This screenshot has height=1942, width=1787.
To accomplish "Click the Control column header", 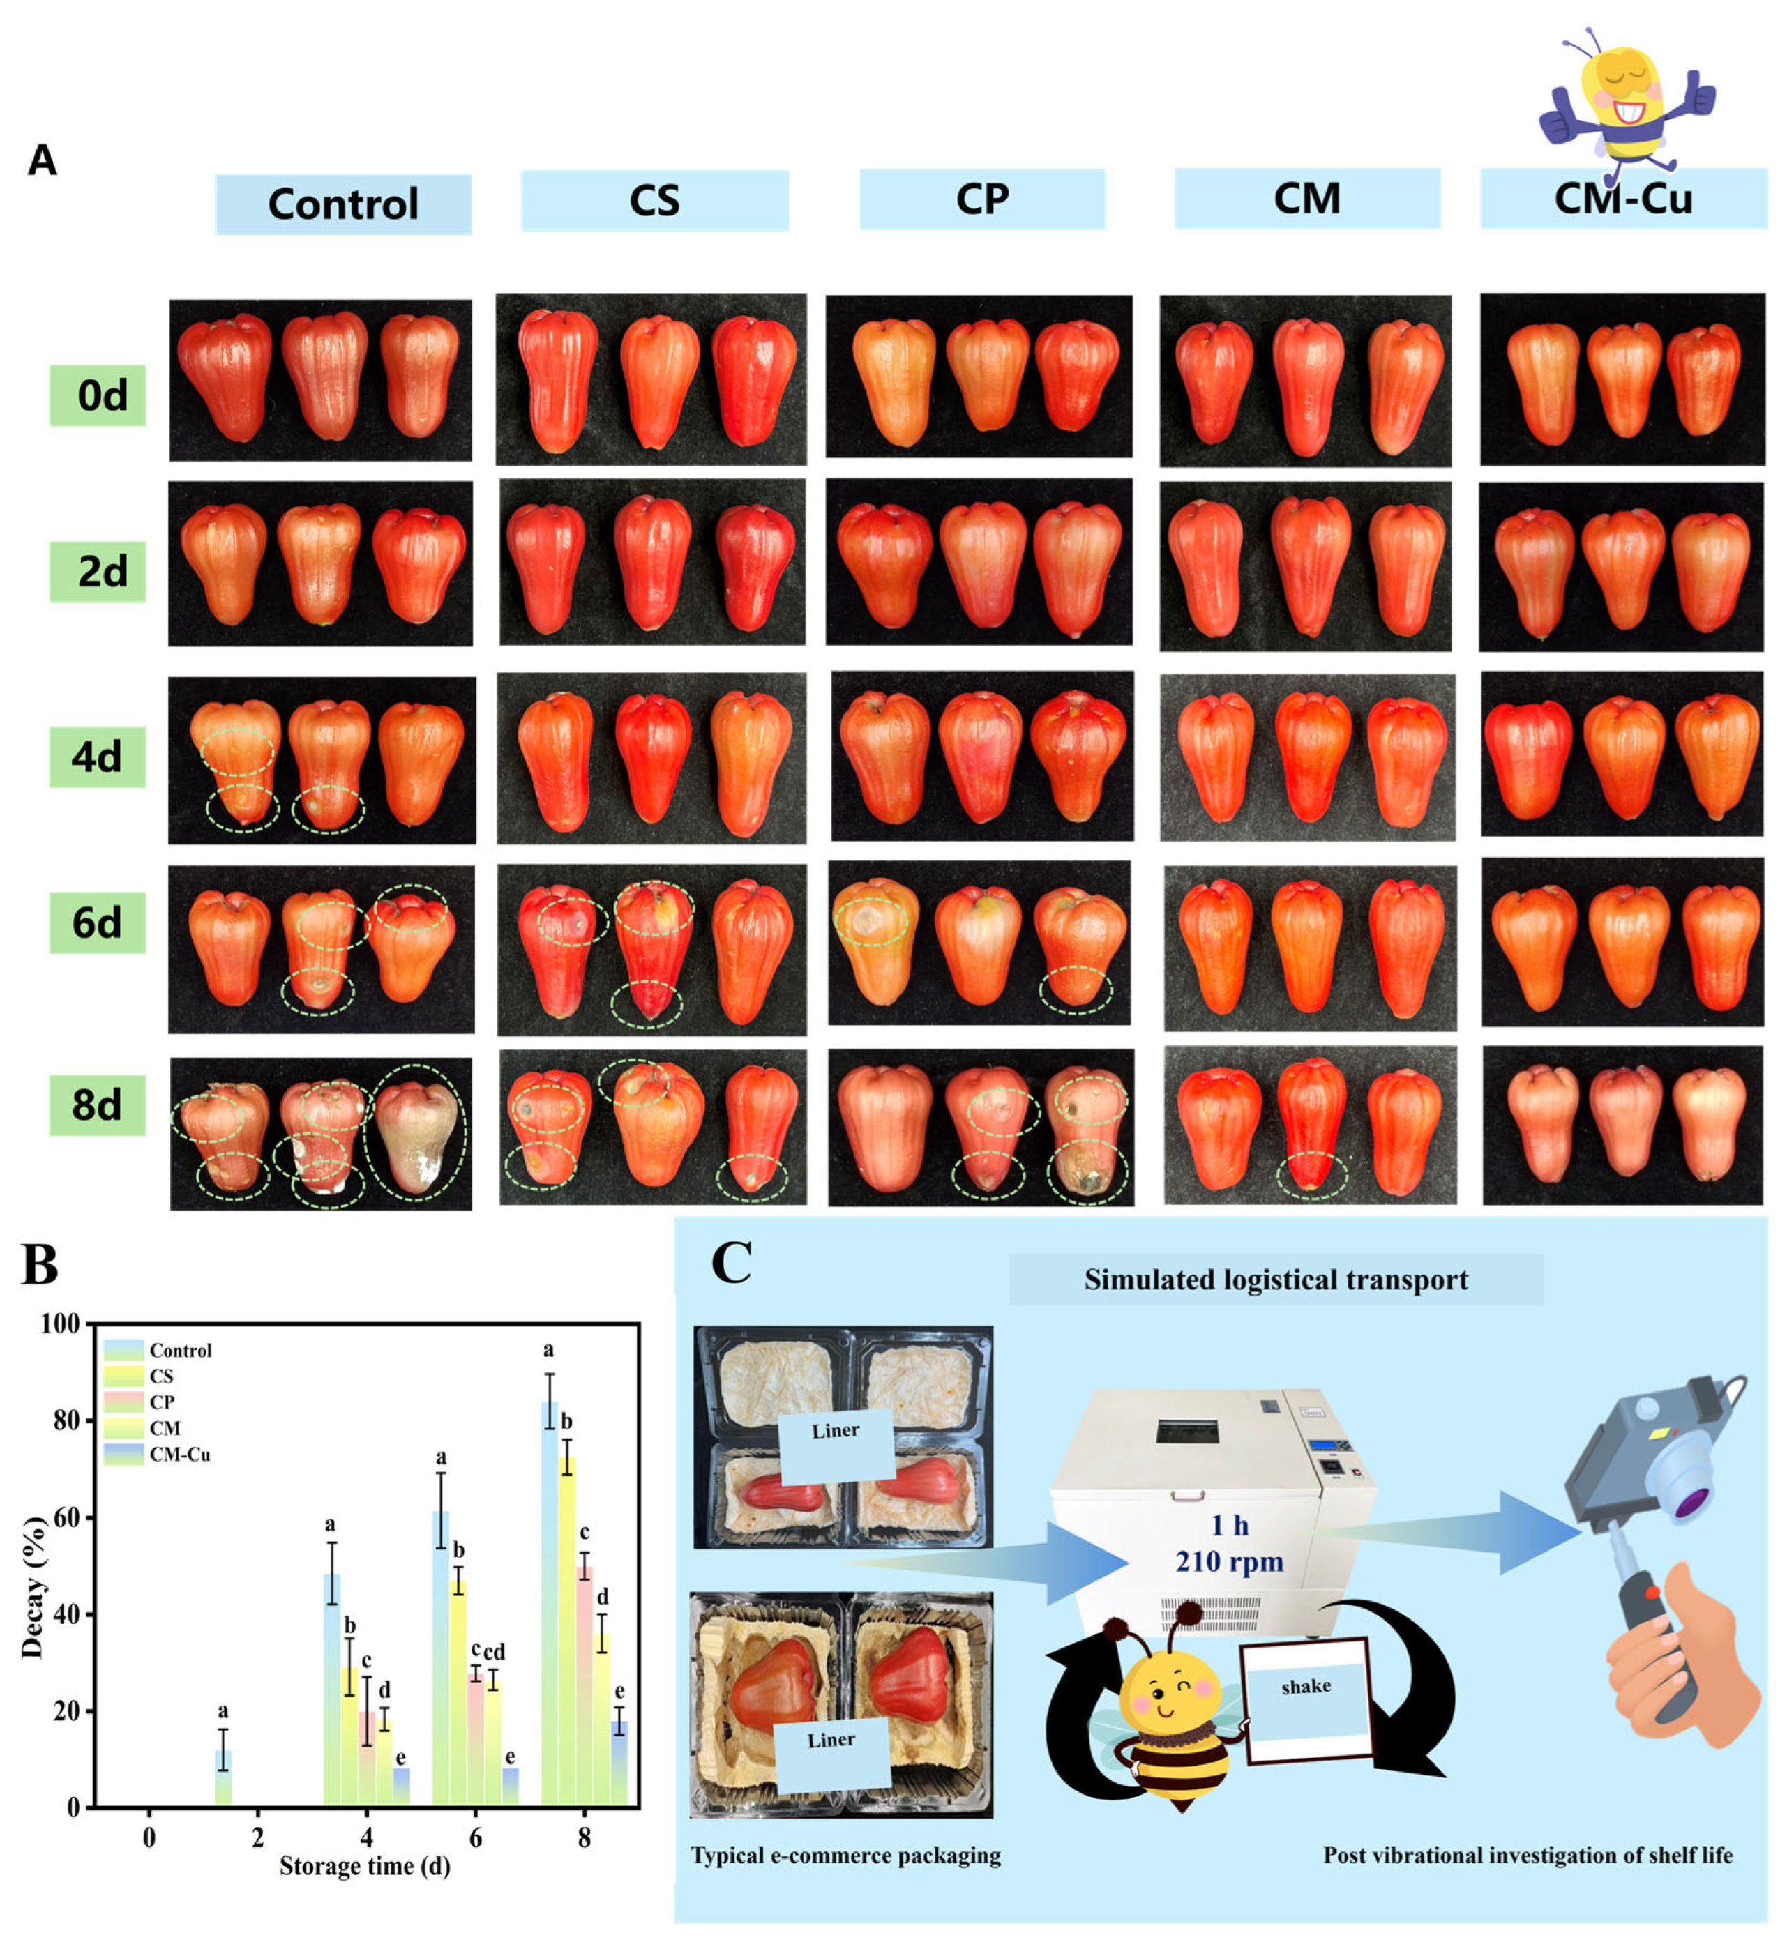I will [342, 204].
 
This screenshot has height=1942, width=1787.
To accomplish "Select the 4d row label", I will [97, 757].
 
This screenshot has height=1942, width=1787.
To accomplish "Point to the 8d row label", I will [97, 1104].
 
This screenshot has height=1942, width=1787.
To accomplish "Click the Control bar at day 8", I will [549, 1605].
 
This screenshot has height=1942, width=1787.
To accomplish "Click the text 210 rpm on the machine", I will [1229, 1561].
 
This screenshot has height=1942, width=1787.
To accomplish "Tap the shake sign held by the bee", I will [1306, 1687].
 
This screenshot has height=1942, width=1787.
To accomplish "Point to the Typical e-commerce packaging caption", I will [845, 1855].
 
